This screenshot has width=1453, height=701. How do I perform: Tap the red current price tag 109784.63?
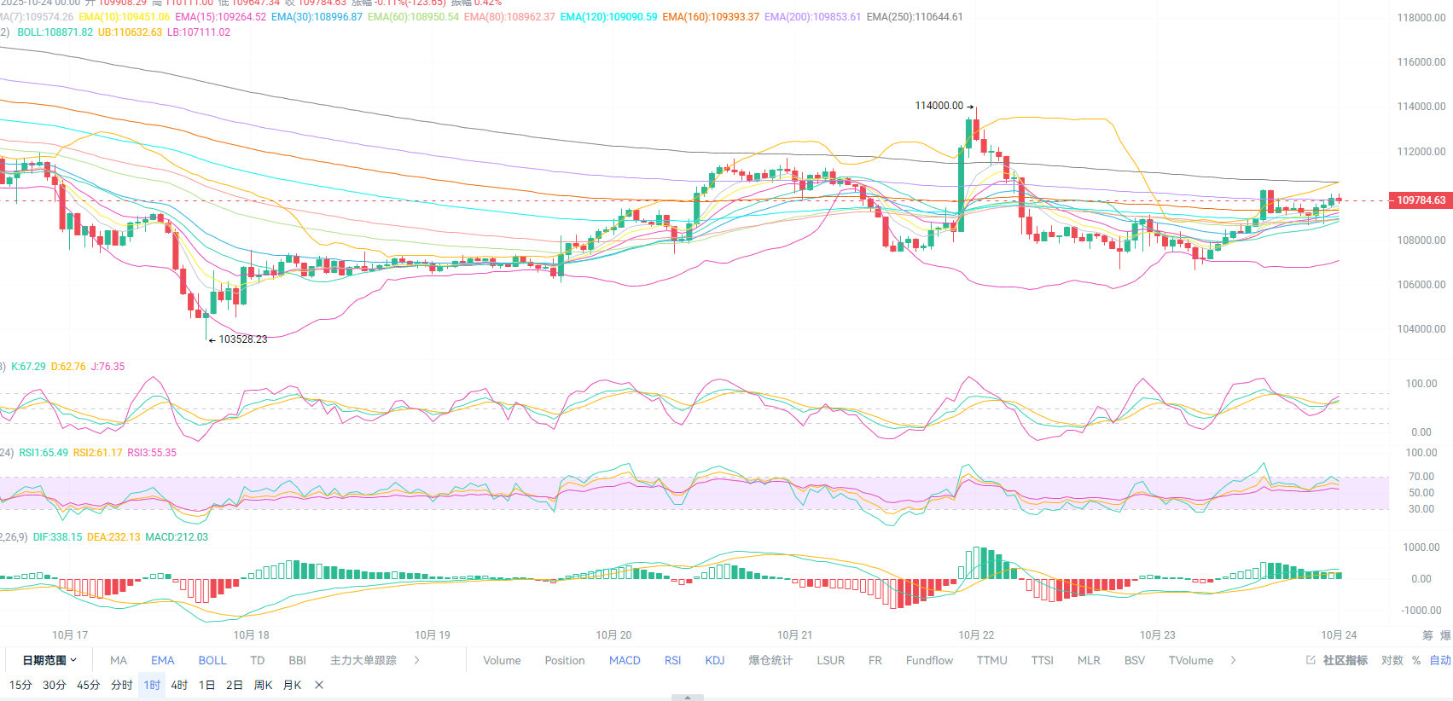coord(1421,200)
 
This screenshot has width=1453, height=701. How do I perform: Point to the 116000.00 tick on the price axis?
coord(1421,62)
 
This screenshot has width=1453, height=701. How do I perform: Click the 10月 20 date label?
coord(613,635)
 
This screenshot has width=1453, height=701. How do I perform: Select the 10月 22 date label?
coord(976,635)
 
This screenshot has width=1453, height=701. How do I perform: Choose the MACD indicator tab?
coord(625,661)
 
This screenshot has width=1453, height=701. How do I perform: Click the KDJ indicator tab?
coord(715,661)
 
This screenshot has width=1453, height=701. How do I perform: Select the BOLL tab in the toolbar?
coord(212,661)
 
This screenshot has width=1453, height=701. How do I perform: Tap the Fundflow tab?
coord(929,661)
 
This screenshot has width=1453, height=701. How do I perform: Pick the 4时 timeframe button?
coord(179,686)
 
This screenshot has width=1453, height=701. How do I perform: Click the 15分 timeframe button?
coord(20,686)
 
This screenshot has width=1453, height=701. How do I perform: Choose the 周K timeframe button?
coord(263,686)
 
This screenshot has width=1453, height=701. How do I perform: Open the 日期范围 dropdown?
coord(49,661)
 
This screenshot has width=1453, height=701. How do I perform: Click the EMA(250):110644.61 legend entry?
coord(915,17)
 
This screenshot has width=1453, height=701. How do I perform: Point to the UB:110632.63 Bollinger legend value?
coord(130,32)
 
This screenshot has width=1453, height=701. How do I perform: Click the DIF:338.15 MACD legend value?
coord(58,537)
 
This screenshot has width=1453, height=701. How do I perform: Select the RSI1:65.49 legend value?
coord(44,453)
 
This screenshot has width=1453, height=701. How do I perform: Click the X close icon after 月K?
coord(319,686)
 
